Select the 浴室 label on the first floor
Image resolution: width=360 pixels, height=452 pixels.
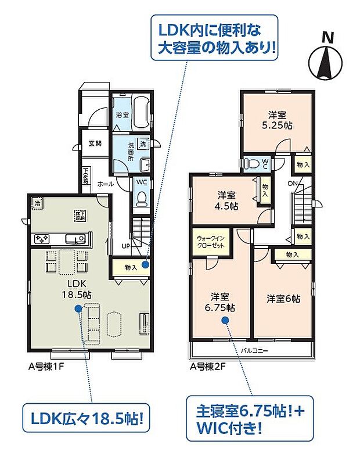point(121,115)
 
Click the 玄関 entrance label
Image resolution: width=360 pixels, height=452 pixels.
point(95,143)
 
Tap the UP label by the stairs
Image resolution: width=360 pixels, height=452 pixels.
point(125,246)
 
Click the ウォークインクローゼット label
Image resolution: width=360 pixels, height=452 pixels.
point(212,241)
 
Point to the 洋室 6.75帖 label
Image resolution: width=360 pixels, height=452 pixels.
point(223,302)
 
